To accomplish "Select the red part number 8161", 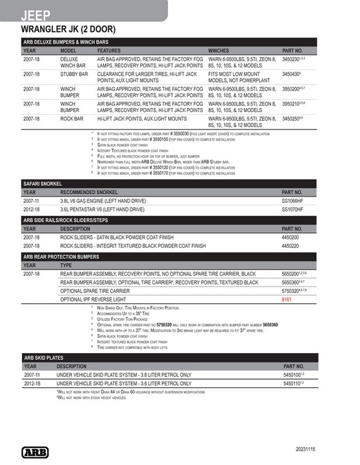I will [287, 299].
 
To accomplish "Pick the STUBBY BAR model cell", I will [74, 74].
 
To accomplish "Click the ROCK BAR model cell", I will [72, 119].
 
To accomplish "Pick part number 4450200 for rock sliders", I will [292, 237].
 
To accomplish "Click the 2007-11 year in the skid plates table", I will [32, 375].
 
